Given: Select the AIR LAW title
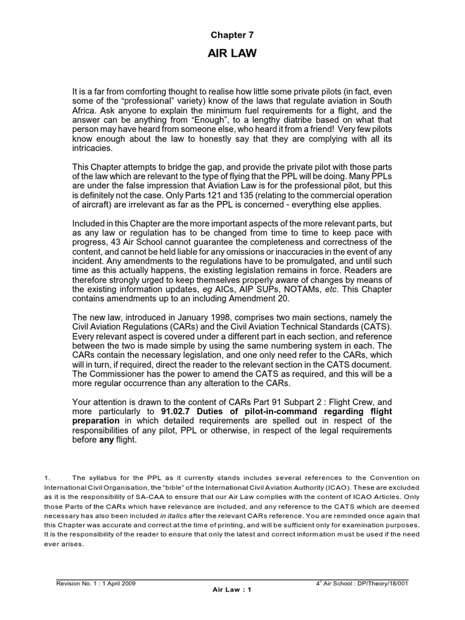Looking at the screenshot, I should pos(232,54).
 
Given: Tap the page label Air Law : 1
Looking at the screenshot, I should pos(232,591).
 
